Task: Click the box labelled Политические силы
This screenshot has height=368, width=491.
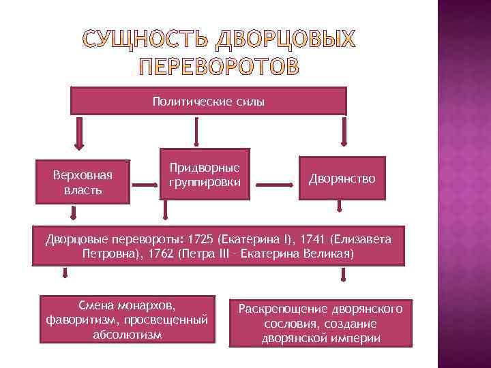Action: click(209, 101)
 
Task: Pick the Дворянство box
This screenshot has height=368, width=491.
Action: click(342, 179)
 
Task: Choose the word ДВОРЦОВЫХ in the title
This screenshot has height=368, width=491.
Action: click(285, 40)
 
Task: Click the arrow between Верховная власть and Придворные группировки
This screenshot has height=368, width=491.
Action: click(144, 185)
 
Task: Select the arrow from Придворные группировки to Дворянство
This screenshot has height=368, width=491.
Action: click(273, 183)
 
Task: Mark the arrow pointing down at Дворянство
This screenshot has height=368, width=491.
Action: click(342, 134)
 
